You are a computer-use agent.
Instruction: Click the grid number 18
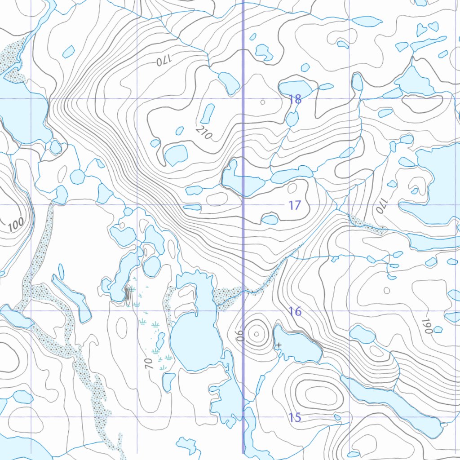coord(295,99)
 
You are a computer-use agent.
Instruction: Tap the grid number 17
coord(294,206)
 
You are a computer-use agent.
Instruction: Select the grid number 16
coord(295,311)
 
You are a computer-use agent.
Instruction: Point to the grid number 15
coord(295,417)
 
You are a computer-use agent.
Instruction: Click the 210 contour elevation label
coord(203,132)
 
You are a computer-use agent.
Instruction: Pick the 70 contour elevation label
coord(150,363)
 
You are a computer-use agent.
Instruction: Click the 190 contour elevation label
coord(426,325)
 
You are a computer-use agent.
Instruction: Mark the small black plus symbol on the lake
coord(279,345)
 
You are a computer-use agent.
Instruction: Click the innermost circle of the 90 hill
coord(256,334)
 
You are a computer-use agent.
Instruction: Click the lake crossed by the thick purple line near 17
coord(243,182)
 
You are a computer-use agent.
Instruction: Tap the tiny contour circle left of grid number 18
coord(263,102)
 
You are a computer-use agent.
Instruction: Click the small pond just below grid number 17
coord(270,220)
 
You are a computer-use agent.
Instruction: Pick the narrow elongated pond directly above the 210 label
coord(208,113)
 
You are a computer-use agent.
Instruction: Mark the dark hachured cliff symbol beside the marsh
coord(127,294)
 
